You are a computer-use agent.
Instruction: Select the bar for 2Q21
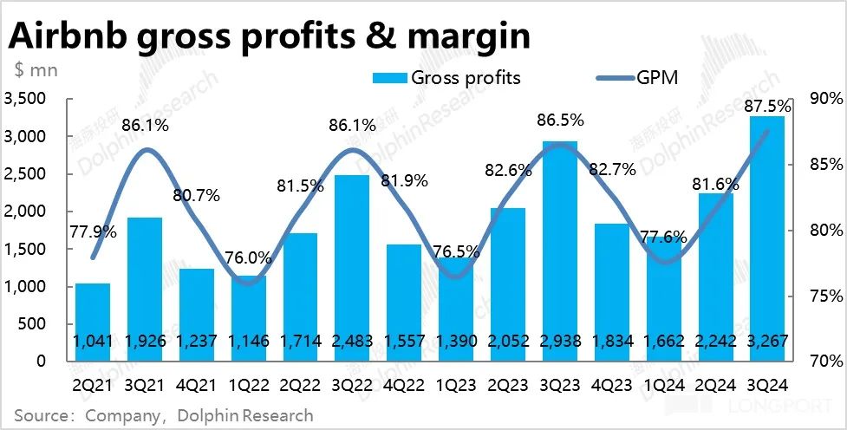[93, 322]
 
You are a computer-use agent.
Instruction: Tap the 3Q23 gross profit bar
[560, 251]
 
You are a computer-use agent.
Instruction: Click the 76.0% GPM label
[249, 257]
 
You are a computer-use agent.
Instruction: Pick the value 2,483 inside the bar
[352, 342]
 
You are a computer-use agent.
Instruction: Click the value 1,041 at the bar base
[93, 342]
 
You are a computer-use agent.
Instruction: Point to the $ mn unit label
[35, 70]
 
